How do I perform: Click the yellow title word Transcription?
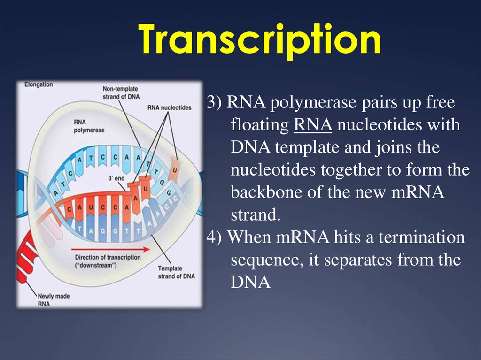coord(259,40)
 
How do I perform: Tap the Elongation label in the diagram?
coord(39,84)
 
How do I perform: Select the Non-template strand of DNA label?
coord(121,92)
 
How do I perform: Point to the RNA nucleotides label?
coord(169,107)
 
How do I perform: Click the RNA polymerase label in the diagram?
coord(89,126)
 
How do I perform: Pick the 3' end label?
coord(116,178)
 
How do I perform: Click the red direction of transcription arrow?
coord(110,249)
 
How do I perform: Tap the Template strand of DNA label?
coord(177,272)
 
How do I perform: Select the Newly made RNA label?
coord(54,300)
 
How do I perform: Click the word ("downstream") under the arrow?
coord(96,265)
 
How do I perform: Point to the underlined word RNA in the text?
coord(313,125)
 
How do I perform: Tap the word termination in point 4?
coord(421,237)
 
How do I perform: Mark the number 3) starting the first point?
coord(214,102)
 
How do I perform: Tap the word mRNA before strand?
coord(418,192)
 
